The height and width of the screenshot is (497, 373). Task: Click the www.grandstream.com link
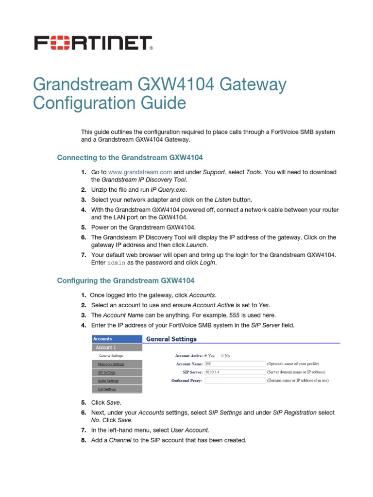140,172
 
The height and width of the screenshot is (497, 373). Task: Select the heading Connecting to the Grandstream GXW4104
130,158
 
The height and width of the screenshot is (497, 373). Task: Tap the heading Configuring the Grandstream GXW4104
126,281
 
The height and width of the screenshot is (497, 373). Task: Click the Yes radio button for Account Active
205,355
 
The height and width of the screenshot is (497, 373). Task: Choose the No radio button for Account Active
222,355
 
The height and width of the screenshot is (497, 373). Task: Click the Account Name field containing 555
235,364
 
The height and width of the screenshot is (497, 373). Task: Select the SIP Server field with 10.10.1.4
235,372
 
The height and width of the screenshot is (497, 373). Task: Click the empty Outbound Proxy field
235,381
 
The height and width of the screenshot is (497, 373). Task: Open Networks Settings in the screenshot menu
111,364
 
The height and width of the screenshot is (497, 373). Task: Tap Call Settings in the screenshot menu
106,389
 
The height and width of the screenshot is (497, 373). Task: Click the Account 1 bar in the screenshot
117,348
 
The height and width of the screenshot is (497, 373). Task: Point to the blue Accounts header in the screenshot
117,339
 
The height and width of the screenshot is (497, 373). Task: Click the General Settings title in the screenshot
171,339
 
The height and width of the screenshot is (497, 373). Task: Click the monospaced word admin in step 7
116,263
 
